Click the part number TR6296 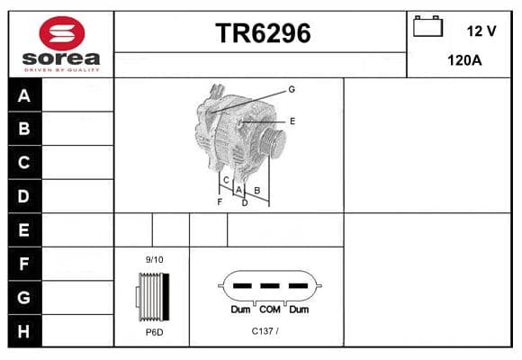pos(263,33)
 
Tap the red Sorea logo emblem pos(62,33)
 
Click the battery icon pos(427,26)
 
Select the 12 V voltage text pos(481,31)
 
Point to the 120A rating pos(464,60)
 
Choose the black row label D pos(24,196)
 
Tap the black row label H pos(24,331)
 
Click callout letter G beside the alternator pos(292,89)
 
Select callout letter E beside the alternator pos(292,121)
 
